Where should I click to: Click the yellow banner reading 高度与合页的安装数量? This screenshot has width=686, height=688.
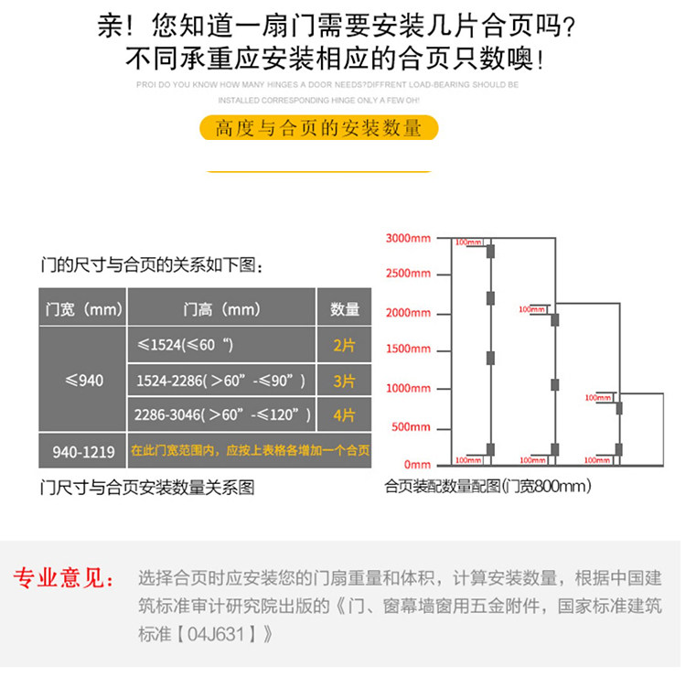pos(318,128)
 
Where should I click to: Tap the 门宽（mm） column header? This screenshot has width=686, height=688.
pos(83,309)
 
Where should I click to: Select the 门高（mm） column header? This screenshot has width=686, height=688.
pos(221,309)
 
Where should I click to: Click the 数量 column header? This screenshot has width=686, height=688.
pos(345,309)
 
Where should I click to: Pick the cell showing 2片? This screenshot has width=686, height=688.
pos(345,345)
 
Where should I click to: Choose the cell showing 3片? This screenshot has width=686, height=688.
pos(345,380)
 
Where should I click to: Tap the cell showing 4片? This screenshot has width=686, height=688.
pos(345,414)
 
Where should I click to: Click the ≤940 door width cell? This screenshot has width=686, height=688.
pos(83,380)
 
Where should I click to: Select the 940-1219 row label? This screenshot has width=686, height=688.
pos(83,451)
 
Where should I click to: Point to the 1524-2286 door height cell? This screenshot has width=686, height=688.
pos(221,380)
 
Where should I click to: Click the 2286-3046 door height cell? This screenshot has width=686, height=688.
pos(221,414)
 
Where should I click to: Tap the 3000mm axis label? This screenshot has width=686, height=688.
pos(407,238)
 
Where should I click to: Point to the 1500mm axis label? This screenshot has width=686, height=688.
pos(407,350)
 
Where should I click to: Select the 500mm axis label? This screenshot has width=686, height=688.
pos(411,427)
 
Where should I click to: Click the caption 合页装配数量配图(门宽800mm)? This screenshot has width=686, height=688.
pos(488,487)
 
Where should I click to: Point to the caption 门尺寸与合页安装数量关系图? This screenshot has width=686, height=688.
pos(147,488)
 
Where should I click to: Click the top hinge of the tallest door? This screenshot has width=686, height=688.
pos(490,251)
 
